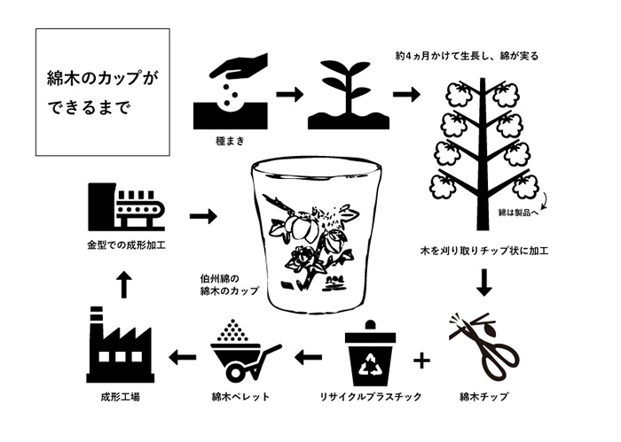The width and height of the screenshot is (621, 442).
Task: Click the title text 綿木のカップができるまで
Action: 102,93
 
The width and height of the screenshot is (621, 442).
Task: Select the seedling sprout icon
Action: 344,96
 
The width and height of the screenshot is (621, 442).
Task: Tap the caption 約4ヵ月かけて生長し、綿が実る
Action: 468,56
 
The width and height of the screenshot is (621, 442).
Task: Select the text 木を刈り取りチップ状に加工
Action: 484,251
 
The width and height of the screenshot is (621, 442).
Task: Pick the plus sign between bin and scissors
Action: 422,359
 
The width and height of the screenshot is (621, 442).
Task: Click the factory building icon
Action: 120,345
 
